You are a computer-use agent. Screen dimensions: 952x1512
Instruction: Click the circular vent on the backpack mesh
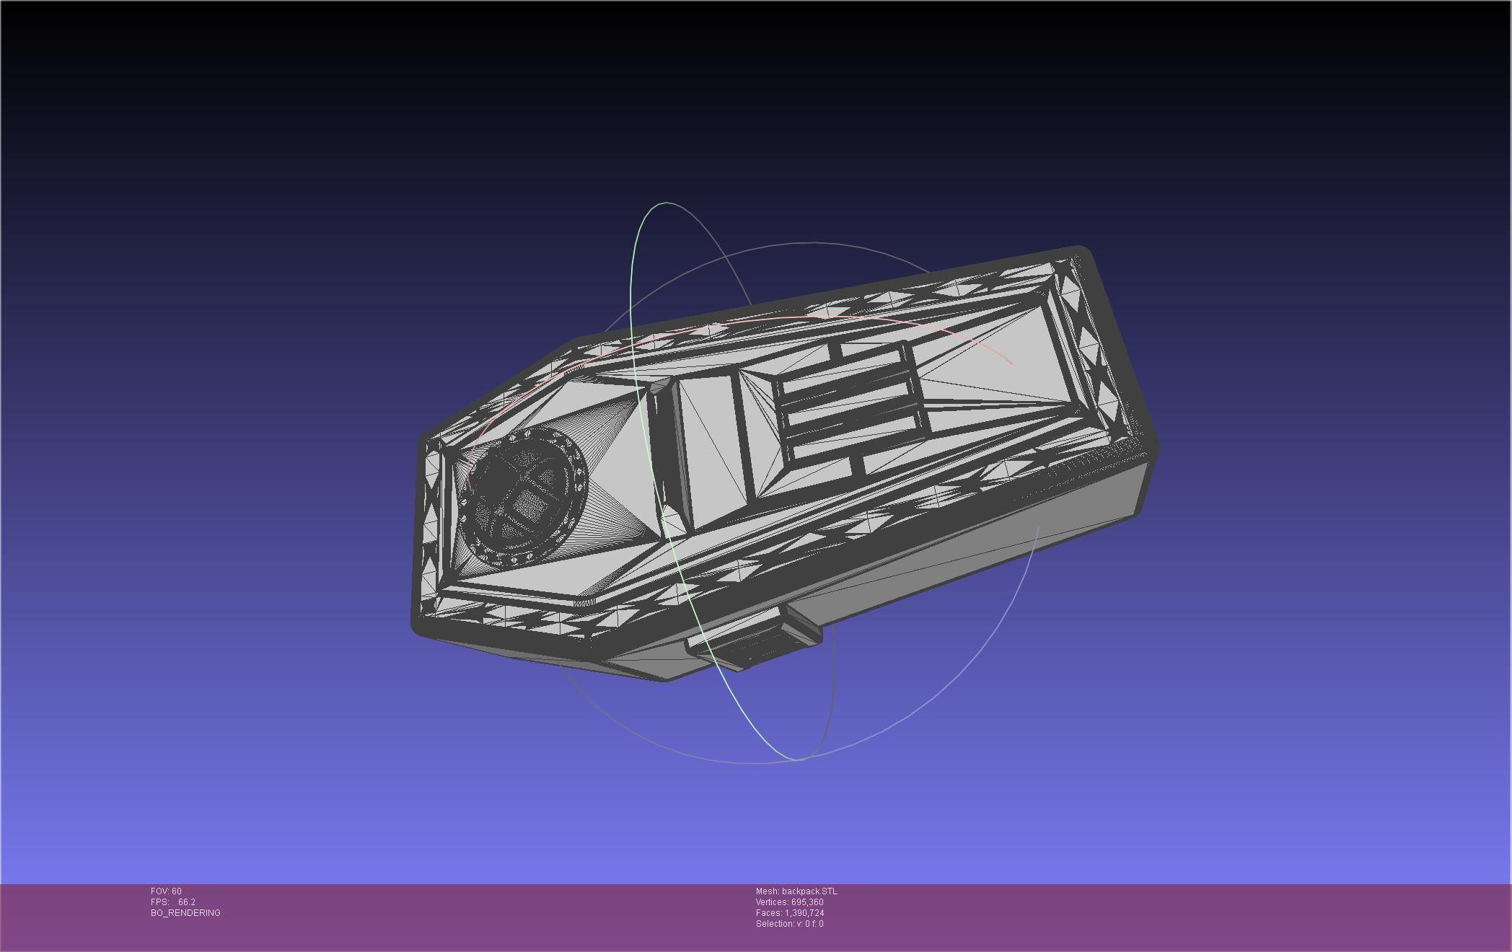pos(525,498)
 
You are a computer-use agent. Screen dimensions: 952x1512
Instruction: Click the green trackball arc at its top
pos(665,204)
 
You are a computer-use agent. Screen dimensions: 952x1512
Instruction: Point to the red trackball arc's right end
pos(1011,363)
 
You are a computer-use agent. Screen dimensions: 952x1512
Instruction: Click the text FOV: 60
pos(166,891)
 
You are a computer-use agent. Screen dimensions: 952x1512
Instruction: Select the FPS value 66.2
pos(186,902)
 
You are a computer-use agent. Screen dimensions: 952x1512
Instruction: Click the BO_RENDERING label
pos(185,913)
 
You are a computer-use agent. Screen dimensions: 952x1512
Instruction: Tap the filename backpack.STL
pos(809,891)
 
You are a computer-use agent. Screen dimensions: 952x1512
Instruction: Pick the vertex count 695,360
pos(807,902)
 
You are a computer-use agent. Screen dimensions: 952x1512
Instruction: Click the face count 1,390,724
pos(804,913)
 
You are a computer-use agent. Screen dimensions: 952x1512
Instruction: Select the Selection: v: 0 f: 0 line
pos(789,924)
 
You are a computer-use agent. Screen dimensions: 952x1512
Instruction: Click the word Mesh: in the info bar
pos(768,891)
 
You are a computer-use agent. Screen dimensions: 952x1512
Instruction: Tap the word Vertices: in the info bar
pos(772,902)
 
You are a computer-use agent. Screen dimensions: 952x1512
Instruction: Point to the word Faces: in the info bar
pos(769,913)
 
